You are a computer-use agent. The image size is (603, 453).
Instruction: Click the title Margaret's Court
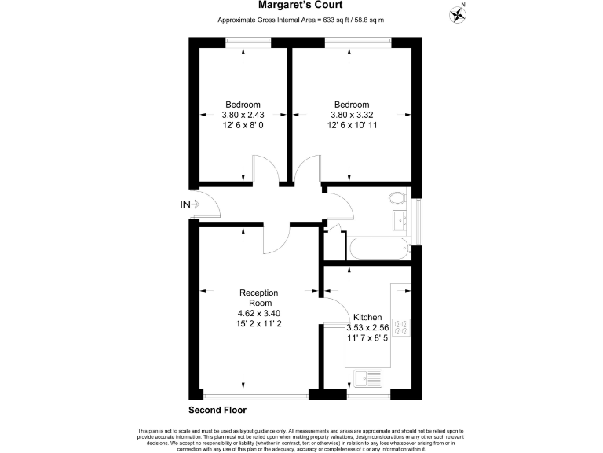[301, 5]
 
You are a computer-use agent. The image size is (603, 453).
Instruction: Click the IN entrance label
[185, 205]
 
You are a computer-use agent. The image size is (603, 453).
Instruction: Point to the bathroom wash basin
[400, 219]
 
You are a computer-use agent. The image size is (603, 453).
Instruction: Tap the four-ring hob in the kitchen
[401, 326]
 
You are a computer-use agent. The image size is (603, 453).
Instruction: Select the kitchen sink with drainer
[367, 378]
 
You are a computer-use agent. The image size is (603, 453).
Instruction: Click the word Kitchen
[367, 317]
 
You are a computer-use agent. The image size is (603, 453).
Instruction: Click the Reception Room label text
[258, 297]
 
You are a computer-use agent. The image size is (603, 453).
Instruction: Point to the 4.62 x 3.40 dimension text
[258, 313]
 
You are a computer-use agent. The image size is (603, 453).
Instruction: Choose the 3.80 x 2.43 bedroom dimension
[243, 115]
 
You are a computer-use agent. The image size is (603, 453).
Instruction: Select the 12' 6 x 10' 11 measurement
[351, 125]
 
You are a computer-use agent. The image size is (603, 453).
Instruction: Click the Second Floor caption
[217, 411]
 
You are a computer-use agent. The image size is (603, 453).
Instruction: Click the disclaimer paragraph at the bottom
[301, 438]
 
